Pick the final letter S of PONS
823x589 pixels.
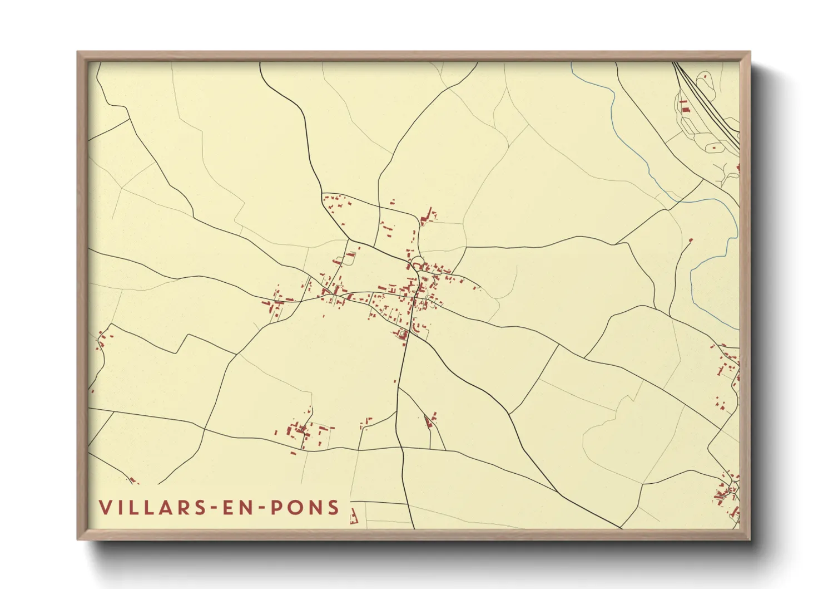coord(334,508)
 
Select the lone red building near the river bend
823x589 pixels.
coord(691,240)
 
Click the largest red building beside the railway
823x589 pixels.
coord(684,106)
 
